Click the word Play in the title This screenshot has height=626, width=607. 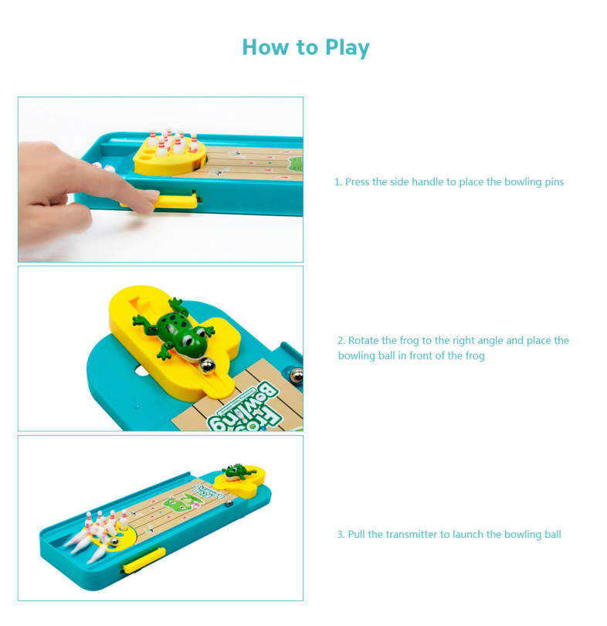click(x=348, y=48)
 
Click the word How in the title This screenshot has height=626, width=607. click(x=266, y=47)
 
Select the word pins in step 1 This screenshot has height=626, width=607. click(x=554, y=182)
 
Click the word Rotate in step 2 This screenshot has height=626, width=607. click(x=363, y=340)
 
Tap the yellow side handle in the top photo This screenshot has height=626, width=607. click(x=175, y=200)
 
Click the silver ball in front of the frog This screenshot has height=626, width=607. click(x=207, y=366)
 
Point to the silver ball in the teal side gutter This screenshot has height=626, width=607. click(x=296, y=375)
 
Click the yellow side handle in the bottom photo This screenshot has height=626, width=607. click(x=144, y=561)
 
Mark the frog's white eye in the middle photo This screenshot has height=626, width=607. click(x=188, y=341)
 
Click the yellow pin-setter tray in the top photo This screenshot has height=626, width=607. click(x=169, y=158)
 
